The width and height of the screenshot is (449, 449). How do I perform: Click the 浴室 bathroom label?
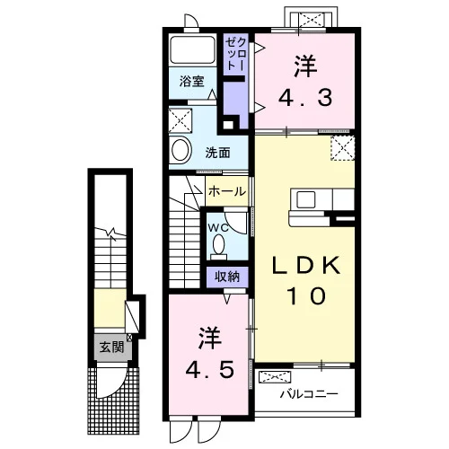click(x=192, y=82)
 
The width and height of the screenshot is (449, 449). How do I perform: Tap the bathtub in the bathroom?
click(x=192, y=49)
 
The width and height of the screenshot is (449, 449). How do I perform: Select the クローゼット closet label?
click(x=236, y=54)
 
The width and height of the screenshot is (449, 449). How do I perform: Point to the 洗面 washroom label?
click(x=217, y=153)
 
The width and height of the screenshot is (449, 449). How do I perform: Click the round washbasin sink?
click(x=180, y=150)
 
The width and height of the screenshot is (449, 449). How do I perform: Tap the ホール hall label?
click(x=227, y=191)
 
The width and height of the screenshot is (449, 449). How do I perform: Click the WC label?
click(x=218, y=228)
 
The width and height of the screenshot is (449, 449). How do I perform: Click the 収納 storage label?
click(x=227, y=277)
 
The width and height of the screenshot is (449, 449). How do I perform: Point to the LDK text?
click(x=306, y=265)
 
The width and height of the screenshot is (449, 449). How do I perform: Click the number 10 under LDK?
click(x=306, y=296)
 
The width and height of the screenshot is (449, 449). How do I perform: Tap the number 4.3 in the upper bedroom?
click(x=305, y=98)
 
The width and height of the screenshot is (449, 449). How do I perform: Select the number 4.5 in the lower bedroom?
click(x=209, y=369)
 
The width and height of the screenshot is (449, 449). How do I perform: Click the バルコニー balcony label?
click(x=309, y=394)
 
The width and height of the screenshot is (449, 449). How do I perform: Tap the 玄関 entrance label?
click(x=111, y=348)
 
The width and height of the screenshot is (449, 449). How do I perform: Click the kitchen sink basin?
click(x=305, y=199)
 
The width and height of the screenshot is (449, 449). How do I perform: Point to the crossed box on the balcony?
click(x=275, y=377)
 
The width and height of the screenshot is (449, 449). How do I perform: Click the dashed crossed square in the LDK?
click(x=343, y=148)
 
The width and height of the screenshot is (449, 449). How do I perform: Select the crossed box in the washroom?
click(x=180, y=120)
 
